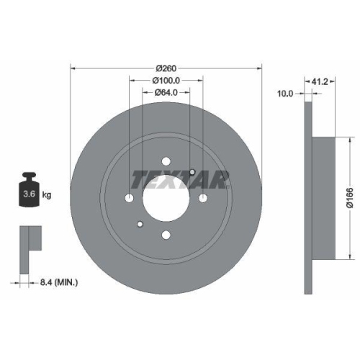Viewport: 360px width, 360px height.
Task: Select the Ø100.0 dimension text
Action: [166, 81]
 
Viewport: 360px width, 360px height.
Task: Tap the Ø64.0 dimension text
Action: [166, 92]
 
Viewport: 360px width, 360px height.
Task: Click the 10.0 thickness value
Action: [287, 92]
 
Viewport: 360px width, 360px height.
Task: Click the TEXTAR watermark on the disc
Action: [180, 177]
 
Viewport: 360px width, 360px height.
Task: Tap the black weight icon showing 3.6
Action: [30, 190]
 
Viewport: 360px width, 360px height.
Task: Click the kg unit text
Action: [48, 195]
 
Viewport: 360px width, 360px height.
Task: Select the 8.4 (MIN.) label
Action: [59, 284]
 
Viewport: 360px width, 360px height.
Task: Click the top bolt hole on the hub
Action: [166, 161]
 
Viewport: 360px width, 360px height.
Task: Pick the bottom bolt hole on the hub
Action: [166, 233]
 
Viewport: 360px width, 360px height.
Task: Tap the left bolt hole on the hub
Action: [130, 197]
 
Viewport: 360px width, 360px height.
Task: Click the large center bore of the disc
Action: [166, 197]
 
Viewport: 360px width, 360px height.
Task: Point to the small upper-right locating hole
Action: [193, 171]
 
